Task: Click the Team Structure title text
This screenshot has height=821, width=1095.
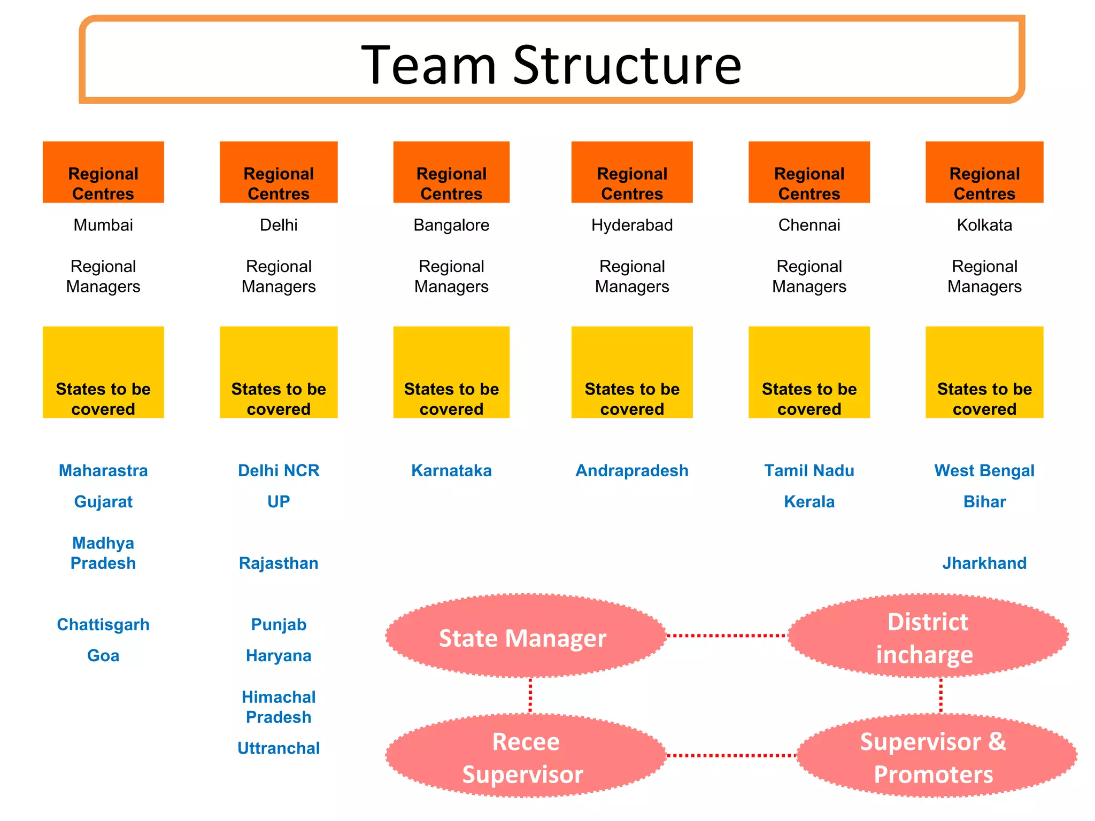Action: pyautogui.click(x=551, y=65)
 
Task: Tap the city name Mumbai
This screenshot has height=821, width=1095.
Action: pyautogui.click(x=103, y=225)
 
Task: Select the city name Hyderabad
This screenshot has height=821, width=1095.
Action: pyautogui.click(x=632, y=225)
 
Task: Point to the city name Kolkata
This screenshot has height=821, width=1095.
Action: pyautogui.click(x=984, y=225)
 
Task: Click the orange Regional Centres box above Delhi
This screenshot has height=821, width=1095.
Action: pyautogui.click(x=279, y=172)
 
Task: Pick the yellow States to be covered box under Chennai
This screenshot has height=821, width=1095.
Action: pyautogui.click(x=809, y=372)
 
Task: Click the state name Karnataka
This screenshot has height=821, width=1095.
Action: pyautogui.click(x=451, y=470)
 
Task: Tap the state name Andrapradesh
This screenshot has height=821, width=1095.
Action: pyautogui.click(x=632, y=470)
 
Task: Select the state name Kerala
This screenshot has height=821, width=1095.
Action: pyautogui.click(x=809, y=501)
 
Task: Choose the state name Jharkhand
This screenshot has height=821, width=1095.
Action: pyautogui.click(x=984, y=563)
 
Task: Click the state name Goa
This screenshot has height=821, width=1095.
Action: pyautogui.click(x=103, y=655)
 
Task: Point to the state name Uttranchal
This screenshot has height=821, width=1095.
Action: pyautogui.click(x=279, y=748)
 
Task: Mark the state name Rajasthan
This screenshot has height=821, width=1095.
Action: pyautogui.click(x=279, y=563)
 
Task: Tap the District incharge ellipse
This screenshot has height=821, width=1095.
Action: pyautogui.click(x=928, y=636)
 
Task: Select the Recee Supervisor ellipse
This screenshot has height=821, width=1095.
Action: pyautogui.click(x=526, y=756)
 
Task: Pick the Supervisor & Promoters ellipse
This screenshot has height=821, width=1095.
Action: pyautogui.click(x=936, y=756)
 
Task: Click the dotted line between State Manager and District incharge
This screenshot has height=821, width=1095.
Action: pyautogui.click(x=727, y=636)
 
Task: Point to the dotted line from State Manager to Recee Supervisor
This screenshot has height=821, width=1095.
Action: pyautogui.click(x=530, y=695)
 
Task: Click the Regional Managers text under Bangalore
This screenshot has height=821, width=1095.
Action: pyautogui.click(x=451, y=276)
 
